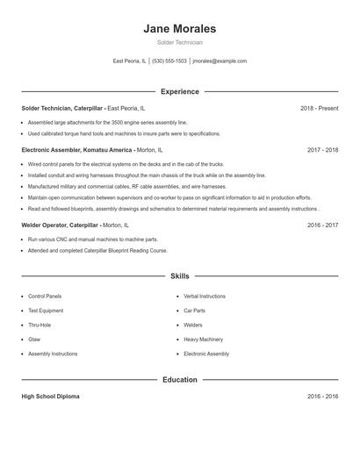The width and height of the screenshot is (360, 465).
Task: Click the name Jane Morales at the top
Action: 179,28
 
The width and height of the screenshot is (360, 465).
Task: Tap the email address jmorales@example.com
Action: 220,61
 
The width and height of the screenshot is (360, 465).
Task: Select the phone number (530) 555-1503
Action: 169,61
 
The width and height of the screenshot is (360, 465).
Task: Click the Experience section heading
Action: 179,91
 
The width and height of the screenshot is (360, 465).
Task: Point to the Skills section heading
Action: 179,276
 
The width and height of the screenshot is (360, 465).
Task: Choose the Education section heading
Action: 179,380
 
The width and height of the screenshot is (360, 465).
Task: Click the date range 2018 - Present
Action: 319,108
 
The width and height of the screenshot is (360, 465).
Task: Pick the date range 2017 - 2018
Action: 322,150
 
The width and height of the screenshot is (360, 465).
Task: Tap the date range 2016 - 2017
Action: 322,225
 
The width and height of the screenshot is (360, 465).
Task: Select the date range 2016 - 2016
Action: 322,397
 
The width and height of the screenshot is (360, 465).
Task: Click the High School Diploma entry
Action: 50,397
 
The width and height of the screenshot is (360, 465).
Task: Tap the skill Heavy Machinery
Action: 203,339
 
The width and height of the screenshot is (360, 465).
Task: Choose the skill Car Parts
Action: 194,311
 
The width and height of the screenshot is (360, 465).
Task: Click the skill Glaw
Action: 34,339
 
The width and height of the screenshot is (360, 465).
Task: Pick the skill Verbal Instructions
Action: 205,297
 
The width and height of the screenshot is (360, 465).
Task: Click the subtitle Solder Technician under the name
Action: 179,42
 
